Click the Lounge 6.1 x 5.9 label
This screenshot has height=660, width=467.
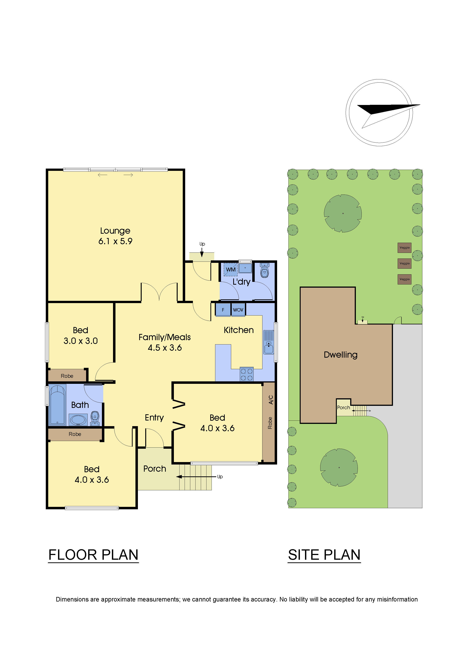[115, 236]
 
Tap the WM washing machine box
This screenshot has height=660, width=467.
[230, 269]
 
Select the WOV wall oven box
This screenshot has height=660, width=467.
[238, 310]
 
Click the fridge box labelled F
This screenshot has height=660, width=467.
[223, 310]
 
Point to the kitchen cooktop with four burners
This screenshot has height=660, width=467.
[247, 374]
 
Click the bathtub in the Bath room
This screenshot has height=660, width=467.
[57, 405]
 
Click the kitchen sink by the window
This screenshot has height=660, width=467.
[268, 342]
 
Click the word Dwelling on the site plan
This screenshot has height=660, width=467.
[340, 355]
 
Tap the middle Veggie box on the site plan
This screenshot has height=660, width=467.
[404, 263]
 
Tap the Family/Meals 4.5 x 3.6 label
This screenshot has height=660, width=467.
[165, 342]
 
